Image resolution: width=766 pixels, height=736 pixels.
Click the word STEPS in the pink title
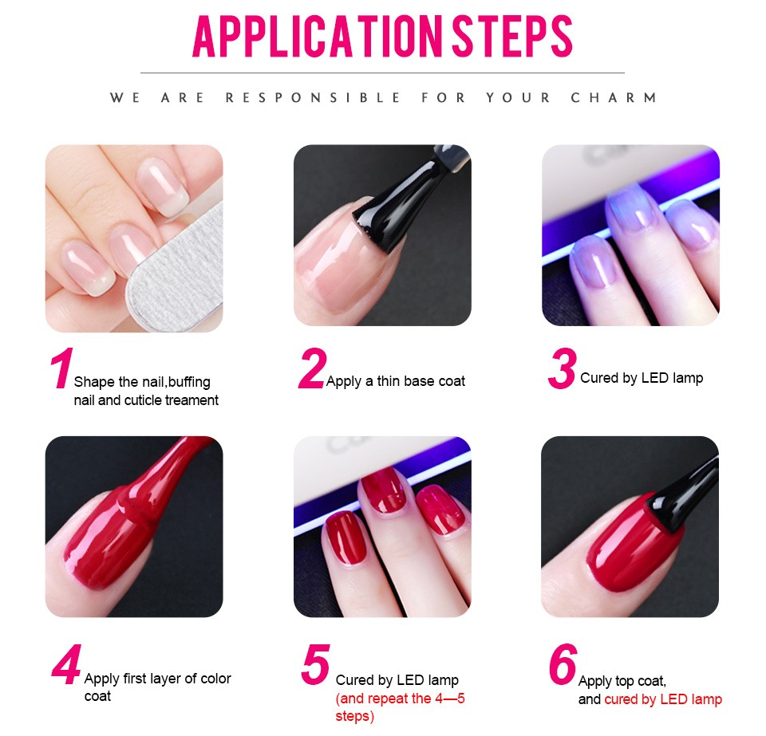[x=511, y=36]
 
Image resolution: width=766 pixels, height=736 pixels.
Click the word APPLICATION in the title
[x=318, y=36]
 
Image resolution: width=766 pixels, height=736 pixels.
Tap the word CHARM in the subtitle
[x=614, y=97]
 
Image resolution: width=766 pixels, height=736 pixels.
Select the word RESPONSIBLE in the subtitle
[x=313, y=97]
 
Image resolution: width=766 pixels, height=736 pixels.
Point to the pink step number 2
[x=312, y=368]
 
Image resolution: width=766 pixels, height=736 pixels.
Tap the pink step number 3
[x=563, y=368]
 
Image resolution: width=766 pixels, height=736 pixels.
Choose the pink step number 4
[x=66, y=664]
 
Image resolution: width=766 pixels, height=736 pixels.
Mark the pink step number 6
[x=563, y=663]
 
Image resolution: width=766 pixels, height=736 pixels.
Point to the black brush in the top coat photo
[x=684, y=498]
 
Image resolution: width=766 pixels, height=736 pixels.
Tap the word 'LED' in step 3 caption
[x=654, y=378]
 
